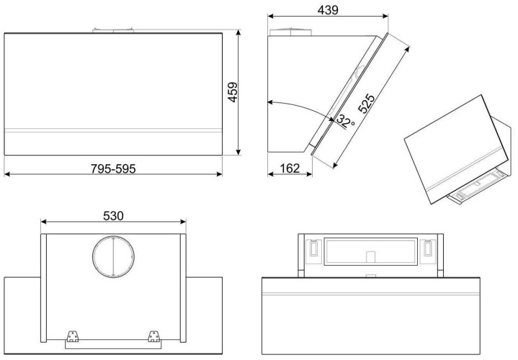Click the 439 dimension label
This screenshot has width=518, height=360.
point(328,10)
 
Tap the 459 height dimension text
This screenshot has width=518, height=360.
point(233,92)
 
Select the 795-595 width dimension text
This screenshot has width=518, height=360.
point(113,168)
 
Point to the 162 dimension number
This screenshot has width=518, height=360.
point(290,168)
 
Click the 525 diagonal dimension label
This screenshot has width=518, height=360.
point(367,104)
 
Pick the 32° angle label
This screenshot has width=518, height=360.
point(345,121)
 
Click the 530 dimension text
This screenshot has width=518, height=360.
point(113,216)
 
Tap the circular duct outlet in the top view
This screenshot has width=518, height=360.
point(113,256)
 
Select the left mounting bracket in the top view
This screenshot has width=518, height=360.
point(72,336)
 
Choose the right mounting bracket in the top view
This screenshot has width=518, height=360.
point(153,336)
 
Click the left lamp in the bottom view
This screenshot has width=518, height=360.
point(313,248)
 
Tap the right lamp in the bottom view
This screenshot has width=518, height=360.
point(427,248)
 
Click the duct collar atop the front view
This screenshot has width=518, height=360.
point(113,30)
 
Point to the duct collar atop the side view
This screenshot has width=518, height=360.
point(291,32)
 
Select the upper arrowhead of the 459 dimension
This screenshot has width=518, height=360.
point(238,32)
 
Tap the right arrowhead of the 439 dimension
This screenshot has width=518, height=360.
point(385,16)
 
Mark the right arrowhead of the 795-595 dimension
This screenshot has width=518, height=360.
point(219,174)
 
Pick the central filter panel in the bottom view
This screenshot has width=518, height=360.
point(370,251)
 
